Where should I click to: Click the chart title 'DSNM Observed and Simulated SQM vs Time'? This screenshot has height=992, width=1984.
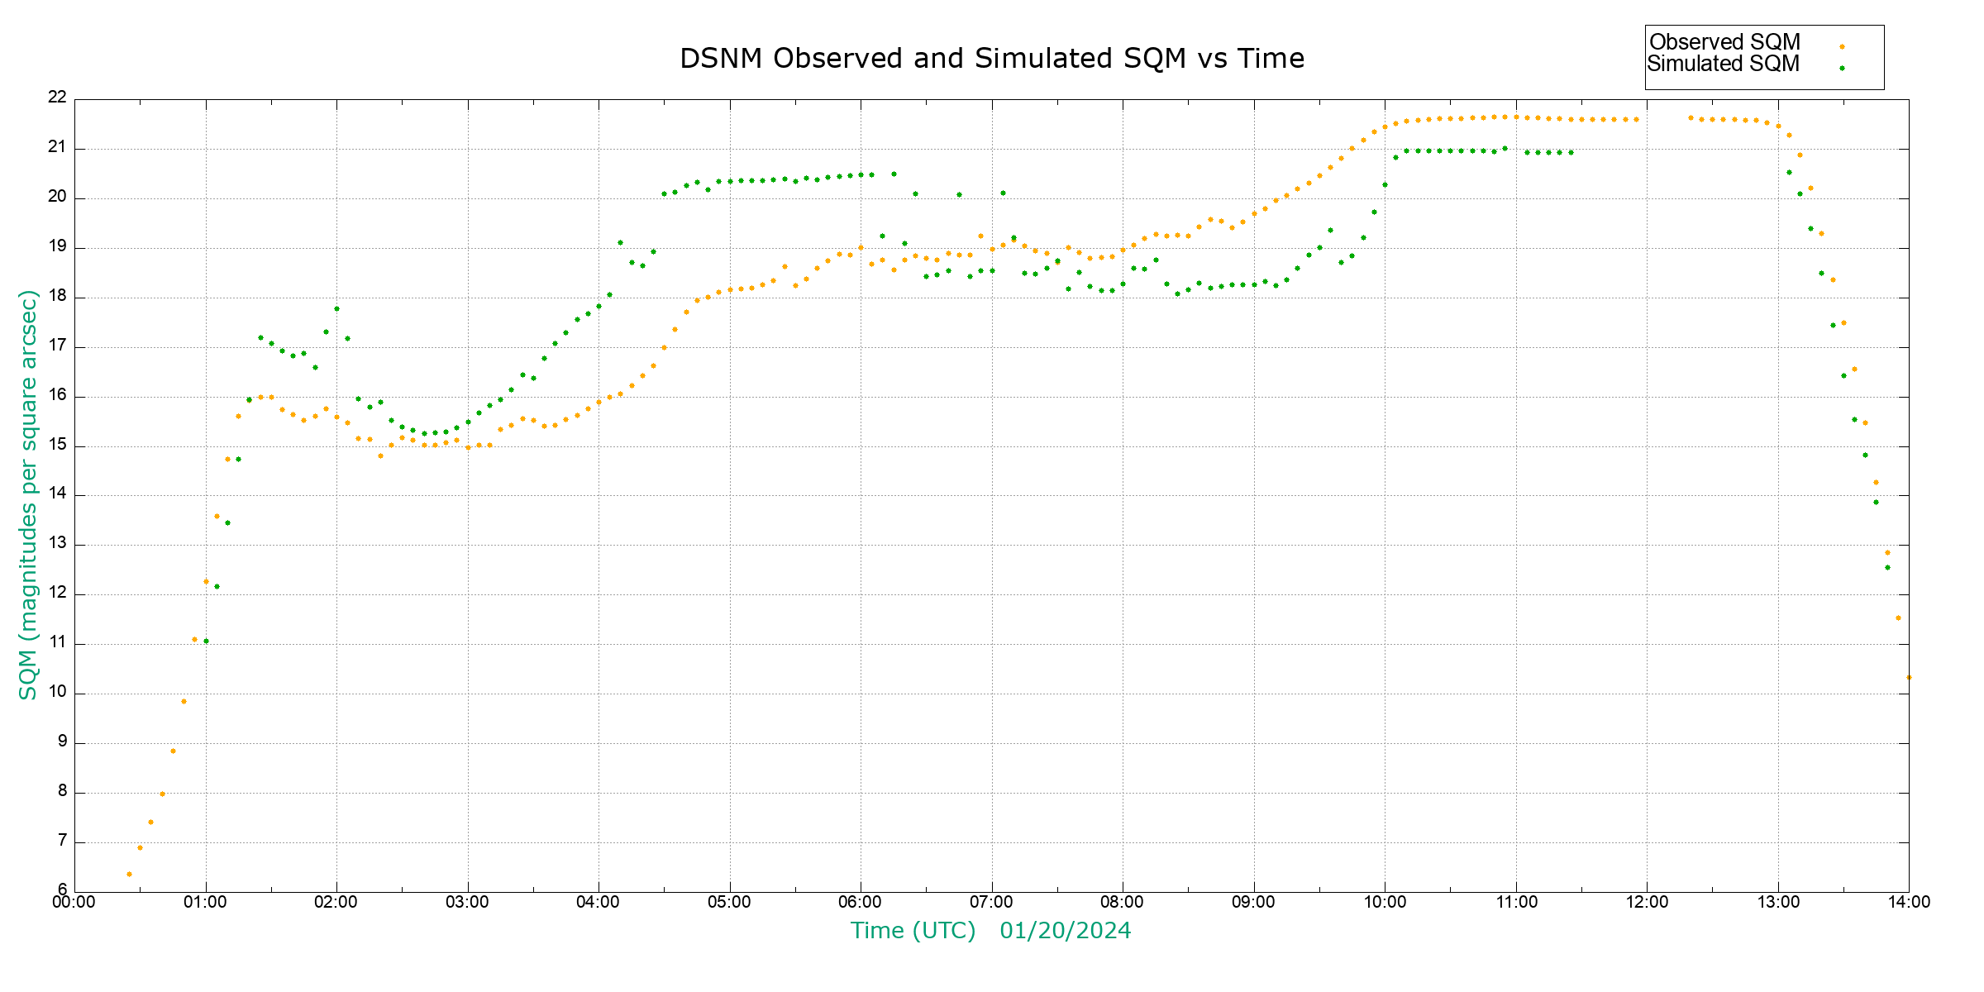[992, 59]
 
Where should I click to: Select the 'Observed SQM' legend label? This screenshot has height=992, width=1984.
[1724, 42]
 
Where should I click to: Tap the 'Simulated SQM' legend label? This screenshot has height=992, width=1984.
[1723, 64]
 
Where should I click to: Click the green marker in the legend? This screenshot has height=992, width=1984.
[1842, 68]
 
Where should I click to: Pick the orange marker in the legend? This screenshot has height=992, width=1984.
[1842, 46]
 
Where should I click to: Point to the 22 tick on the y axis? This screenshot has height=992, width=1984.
[57, 98]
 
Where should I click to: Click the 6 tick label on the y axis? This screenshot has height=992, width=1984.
[62, 890]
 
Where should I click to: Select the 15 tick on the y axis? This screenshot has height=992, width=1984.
[57, 445]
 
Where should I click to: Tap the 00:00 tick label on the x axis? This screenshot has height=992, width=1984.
[74, 902]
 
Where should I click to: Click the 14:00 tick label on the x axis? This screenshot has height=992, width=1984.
[1909, 902]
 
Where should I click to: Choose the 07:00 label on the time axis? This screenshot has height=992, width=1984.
[991, 902]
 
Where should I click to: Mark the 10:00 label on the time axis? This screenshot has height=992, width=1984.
[1385, 902]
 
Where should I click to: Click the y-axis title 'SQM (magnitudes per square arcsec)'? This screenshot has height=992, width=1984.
[28, 494]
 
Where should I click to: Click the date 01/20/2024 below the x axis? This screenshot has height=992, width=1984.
[1065, 931]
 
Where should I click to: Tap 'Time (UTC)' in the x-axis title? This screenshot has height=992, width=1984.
[913, 931]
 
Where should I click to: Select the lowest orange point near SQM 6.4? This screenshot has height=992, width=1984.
[129, 874]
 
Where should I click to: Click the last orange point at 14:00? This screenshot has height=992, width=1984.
[1909, 677]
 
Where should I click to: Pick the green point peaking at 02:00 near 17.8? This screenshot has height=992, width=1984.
[336, 308]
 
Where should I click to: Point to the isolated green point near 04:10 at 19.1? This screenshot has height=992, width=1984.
[620, 242]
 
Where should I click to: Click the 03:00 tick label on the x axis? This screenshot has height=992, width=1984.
[467, 902]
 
